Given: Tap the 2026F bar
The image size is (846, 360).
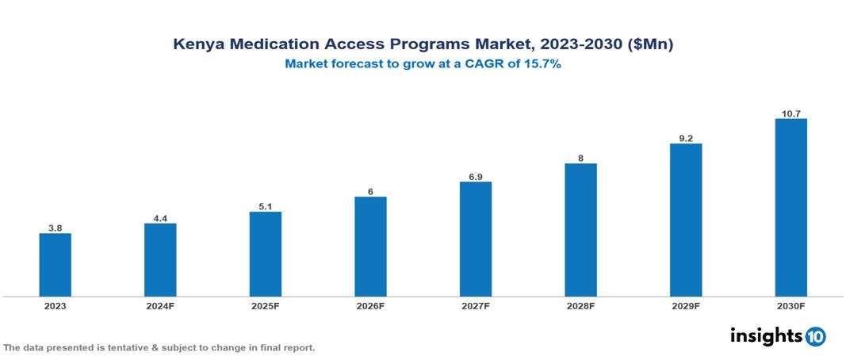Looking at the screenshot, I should coord(370,247).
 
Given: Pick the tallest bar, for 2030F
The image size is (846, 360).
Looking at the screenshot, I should coord(790,208).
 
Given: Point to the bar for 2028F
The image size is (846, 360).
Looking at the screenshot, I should coord(580,230).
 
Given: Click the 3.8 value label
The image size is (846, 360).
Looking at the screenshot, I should coord(56,228).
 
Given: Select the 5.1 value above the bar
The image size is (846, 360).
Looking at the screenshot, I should coord(266,207).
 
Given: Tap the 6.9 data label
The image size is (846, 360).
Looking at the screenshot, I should coord(476,177).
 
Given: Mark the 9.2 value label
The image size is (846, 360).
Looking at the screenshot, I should coord(686,139).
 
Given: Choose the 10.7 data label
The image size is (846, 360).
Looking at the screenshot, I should coord(790,114).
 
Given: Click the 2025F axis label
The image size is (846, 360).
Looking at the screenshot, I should coord(266,305).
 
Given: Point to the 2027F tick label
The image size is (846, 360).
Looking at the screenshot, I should coord(476,305).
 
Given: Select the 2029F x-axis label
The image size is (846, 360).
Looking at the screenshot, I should coord(686,305).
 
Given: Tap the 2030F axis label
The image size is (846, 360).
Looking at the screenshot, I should coord(790,305).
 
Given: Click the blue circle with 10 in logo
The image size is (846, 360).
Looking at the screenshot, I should coord(815,336).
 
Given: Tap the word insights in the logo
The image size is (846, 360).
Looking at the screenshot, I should coord(766,335).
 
